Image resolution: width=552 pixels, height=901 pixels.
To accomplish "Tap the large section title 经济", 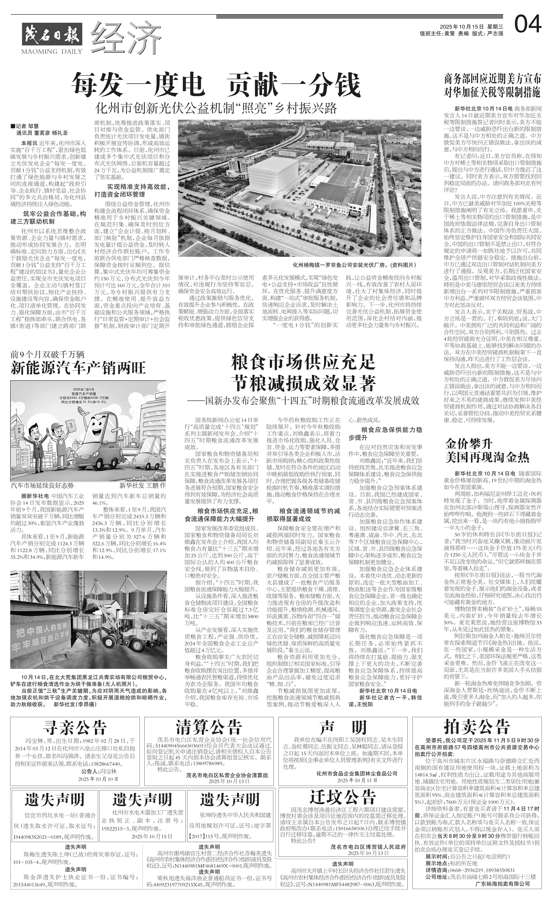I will [126, 36].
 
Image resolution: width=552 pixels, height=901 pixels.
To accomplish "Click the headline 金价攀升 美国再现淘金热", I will [487, 451].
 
